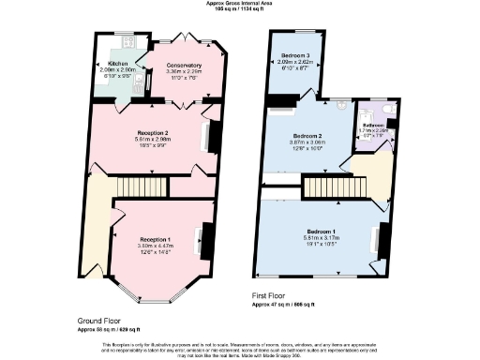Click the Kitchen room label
click(x=117, y=63)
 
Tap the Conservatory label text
click(x=184, y=66)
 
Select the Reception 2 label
click(x=151, y=133)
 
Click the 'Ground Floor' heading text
click(x=98, y=321)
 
